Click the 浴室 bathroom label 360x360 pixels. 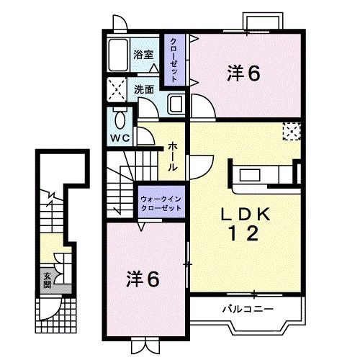(143, 54)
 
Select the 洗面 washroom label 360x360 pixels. (143, 90)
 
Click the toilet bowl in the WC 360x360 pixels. (120, 117)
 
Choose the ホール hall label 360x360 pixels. (174, 156)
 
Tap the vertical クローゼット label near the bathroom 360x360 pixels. (174, 60)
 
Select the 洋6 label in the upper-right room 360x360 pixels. (243, 73)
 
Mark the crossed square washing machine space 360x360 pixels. (116, 89)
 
